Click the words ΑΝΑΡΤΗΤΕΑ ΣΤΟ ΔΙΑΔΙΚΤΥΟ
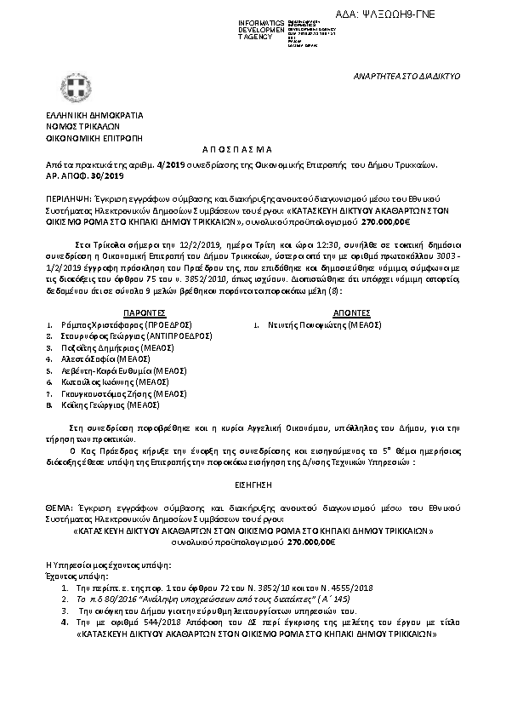[x=406, y=77]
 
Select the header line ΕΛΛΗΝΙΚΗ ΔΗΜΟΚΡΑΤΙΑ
[x=94, y=114]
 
